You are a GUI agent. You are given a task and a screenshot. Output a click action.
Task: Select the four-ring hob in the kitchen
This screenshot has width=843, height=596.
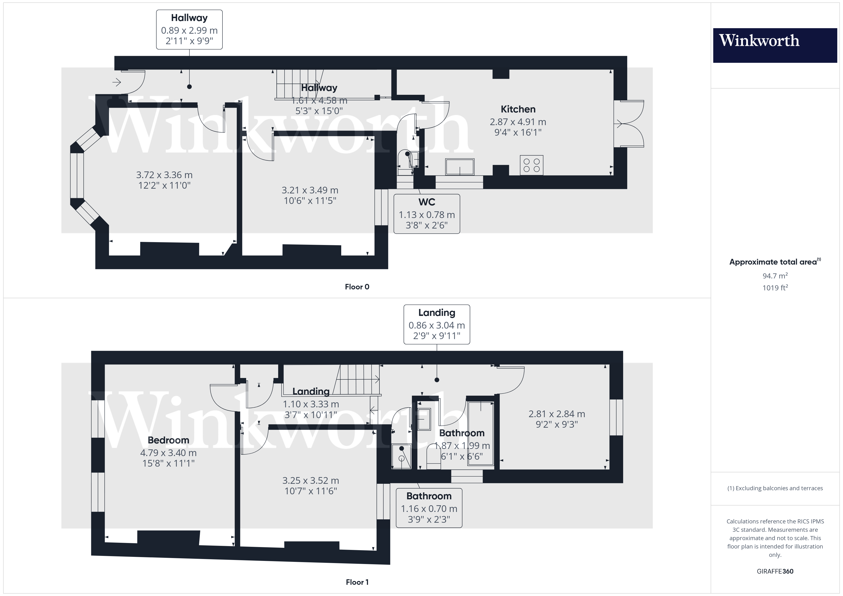tap(531, 165)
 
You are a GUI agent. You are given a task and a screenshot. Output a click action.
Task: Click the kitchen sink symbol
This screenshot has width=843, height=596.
tap(460, 167)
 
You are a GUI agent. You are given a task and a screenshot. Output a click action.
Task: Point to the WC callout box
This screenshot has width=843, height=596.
tap(427, 214)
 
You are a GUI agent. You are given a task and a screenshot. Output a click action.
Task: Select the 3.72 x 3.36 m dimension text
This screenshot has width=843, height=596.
tap(164, 175)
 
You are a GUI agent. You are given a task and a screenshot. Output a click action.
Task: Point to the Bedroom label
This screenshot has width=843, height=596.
tap(168, 440)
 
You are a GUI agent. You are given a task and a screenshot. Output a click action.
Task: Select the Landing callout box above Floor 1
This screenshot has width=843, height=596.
tap(437, 325)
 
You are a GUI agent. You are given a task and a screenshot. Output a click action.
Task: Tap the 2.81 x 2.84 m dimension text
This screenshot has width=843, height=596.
tap(557, 414)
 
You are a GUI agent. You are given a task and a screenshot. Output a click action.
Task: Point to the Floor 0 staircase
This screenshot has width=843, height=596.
tap(298, 84)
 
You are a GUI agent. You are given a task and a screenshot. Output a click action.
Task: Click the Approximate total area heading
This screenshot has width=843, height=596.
tap(775, 262)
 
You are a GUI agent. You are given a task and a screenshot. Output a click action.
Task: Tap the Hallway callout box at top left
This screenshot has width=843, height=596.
tap(189, 29)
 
